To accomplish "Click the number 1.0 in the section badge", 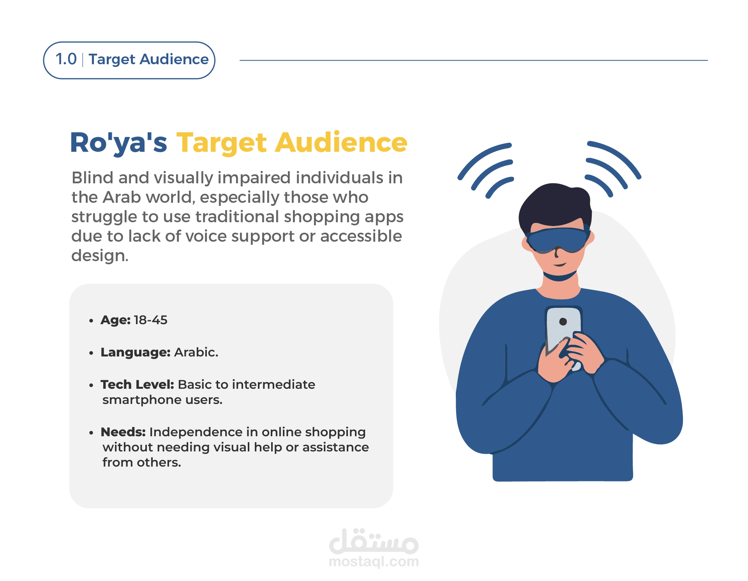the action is (66, 59).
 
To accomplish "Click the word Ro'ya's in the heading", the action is (118, 143).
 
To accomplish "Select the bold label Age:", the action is (115, 320).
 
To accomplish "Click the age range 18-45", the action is (150, 320).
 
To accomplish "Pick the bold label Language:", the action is (136, 353).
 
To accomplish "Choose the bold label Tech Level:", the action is (137, 384).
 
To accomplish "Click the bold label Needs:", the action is (123, 432).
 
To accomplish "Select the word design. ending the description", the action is (100, 256).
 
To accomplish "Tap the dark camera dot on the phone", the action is (563, 321).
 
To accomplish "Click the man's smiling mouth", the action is (560, 265).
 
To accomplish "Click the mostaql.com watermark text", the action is (374, 562).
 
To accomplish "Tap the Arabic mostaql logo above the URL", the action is (374, 541).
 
